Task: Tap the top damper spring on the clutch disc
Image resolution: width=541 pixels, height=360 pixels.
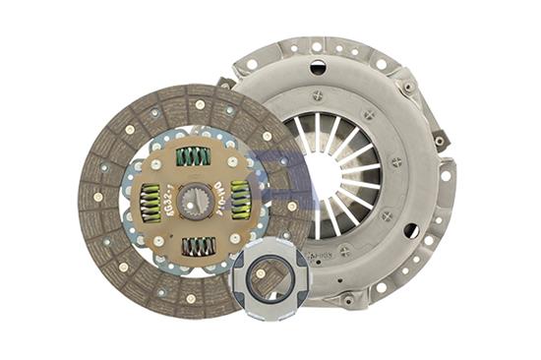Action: click(194, 155)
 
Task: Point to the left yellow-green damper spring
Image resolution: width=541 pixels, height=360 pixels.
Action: click(150, 203)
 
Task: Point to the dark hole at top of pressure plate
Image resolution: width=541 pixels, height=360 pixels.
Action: click(317, 68)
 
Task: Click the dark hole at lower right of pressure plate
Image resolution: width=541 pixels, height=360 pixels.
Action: click(411, 232)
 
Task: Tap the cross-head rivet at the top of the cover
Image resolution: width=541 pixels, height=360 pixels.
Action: click(317, 95)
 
